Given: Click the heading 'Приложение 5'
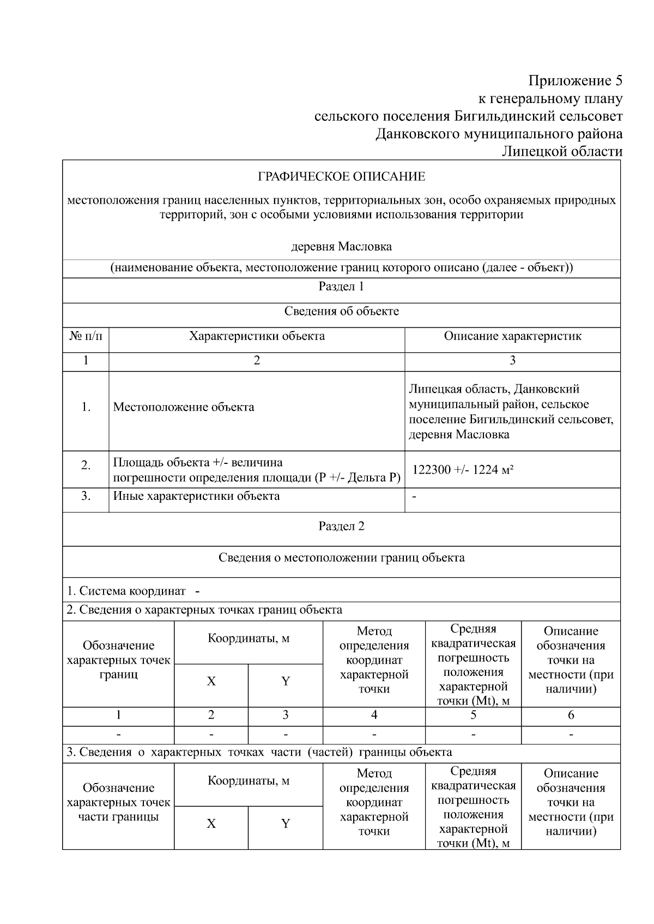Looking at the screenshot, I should [x=575, y=81].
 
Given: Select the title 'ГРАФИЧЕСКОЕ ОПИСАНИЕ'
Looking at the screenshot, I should [x=341, y=177].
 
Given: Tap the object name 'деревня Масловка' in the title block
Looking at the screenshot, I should [x=341, y=247].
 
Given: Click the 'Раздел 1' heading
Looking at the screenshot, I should [x=341, y=286].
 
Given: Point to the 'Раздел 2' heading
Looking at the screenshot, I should [x=341, y=526].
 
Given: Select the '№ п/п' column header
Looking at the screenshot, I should [x=86, y=336].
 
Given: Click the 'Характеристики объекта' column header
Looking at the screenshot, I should [x=257, y=336].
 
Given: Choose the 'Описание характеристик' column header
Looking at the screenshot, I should [x=512, y=336].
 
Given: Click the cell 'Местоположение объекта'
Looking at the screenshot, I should [x=184, y=407].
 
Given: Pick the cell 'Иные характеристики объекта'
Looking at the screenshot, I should [x=196, y=496].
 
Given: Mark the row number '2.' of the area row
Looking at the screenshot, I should [x=86, y=466].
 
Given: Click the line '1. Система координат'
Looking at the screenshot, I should [x=126, y=591].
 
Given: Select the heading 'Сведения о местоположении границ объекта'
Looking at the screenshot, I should [x=341, y=558].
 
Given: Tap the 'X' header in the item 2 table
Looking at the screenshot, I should [x=211, y=681].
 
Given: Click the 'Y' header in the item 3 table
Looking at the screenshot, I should [x=285, y=823].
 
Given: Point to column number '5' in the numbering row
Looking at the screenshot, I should [x=473, y=715].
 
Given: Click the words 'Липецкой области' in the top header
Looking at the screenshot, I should [x=562, y=151].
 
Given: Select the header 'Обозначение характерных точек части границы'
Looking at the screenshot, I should [x=118, y=802].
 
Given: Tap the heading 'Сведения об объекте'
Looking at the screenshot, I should [x=341, y=311].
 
